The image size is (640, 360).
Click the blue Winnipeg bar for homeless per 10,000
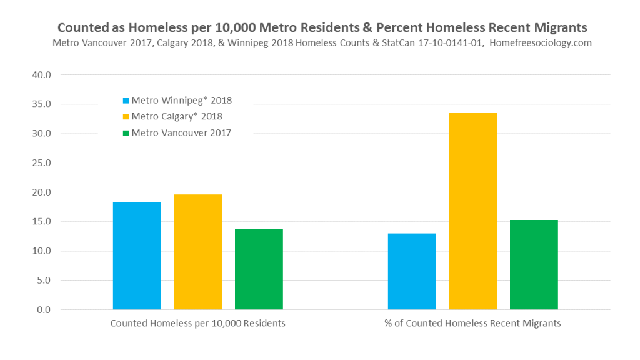pyautogui.click(x=137, y=256)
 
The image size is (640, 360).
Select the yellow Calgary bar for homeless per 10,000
pyautogui.click(x=197, y=252)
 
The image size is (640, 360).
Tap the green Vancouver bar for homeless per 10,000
pyautogui.click(x=259, y=269)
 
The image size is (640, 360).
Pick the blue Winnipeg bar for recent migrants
pyautogui.click(x=412, y=271)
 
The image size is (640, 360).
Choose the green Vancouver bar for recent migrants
pyautogui.click(x=534, y=265)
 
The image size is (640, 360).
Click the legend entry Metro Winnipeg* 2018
pyautogui.click(x=181, y=100)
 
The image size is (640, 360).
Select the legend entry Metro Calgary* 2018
pyautogui.click(x=176, y=116)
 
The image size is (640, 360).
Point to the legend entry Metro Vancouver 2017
pyautogui.click(x=181, y=132)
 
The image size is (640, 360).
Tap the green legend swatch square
pyautogui.click(x=126, y=132)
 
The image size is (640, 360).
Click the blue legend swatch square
pyautogui.click(x=126, y=100)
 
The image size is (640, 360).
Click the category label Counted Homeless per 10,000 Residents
pyautogui.click(x=197, y=324)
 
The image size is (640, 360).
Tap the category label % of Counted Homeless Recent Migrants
pyautogui.click(x=472, y=324)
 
